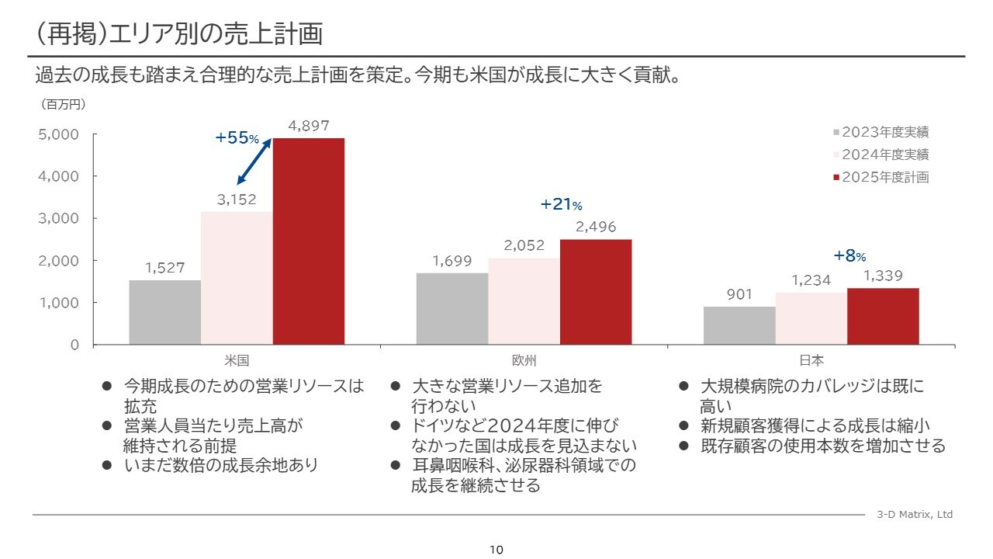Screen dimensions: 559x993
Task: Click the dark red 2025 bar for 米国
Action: (x=309, y=241)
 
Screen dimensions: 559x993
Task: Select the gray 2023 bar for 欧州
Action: (x=452, y=308)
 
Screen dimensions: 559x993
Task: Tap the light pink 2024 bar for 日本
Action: (x=811, y=318)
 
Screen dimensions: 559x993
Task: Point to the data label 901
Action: (x=739, y=295)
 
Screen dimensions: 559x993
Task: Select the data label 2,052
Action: (x=524, y=245)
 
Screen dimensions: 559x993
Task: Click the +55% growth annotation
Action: (x=237, y=138)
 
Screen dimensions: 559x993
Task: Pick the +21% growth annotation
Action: (x=561, y=204)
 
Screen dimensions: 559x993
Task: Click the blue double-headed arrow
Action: (x=254, y=161)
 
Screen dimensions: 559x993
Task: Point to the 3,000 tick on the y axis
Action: (x=59, y=218)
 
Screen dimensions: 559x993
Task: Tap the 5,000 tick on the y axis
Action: (x=59, y=134)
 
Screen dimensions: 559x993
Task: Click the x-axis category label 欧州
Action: (x=524, y=360)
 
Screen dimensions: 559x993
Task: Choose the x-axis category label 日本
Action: (x=811, y=360)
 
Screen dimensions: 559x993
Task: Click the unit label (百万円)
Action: (x=63, y=103)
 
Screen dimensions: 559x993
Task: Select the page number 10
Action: (x=496, y=550)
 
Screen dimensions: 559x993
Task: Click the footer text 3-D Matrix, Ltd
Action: (x=914, y=515)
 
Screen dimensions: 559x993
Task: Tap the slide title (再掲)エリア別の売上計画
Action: (x=178, y=34)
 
